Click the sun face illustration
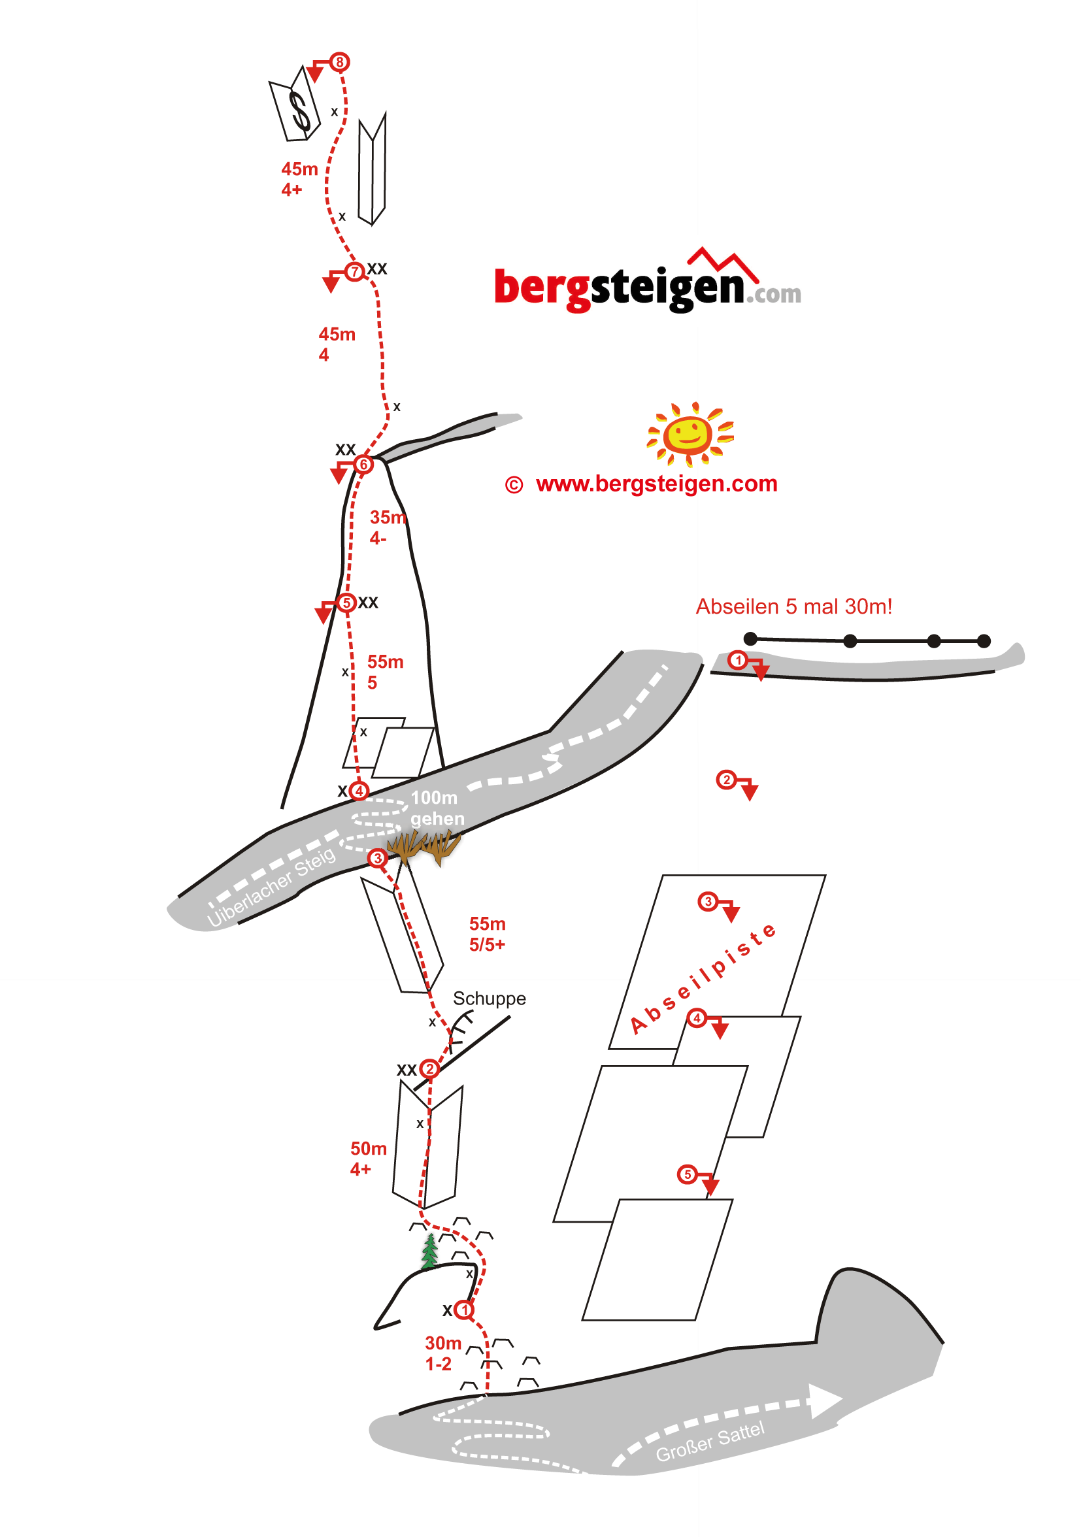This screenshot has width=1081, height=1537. [689, 434]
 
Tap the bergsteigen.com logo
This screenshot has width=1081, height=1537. [646, 284]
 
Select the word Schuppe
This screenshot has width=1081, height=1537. [489, 998]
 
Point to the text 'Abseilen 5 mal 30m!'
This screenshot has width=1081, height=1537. [793, 606]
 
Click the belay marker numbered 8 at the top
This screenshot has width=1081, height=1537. [339, 62]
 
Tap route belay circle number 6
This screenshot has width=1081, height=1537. [363, 464]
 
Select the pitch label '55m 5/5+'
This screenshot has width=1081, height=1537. [487, 934]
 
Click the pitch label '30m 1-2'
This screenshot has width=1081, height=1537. [442, 1353]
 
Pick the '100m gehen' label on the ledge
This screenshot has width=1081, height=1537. [436, 807]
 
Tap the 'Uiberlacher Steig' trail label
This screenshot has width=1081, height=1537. [271, 887]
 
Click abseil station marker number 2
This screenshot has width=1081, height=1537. [725, 780]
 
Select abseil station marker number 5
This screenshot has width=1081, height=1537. [687, 1174]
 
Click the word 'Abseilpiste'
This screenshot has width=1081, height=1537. [703, 979]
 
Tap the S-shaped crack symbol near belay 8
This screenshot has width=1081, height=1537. [299, 110]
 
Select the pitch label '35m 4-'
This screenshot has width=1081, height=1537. [387, 527]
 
